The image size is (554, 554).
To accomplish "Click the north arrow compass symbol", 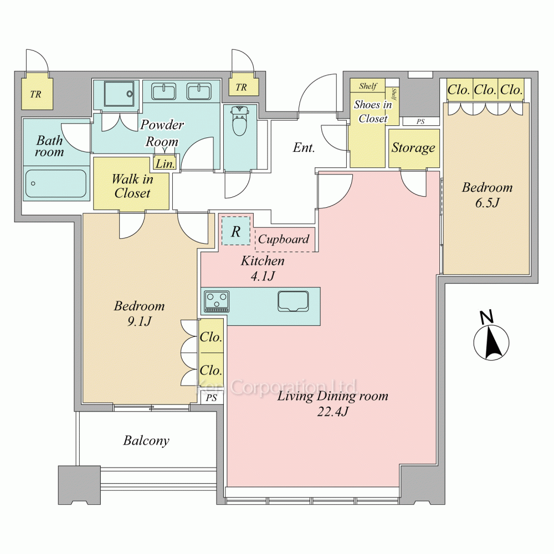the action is pyautogui.click(x=491, y=338).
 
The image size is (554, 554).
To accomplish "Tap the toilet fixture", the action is pyautogui.click(x=239, y=120).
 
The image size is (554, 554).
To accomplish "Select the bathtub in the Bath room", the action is pyautogui.click(x=56, y=184).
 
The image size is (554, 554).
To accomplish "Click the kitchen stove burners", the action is pyautogui.click(x=217, y=301).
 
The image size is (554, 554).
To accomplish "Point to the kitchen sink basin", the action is pyautogui.click(x=293, y=301).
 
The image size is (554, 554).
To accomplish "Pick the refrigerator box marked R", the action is pyautogui.click(x=235, y=231).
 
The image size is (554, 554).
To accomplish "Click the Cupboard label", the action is pyautogui.click(x=283, y=239).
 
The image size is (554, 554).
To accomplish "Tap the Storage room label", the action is pyautogui.click(x=413, y=148).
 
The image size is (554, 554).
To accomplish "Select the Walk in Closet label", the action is pyautogui.click(x=132, y=186).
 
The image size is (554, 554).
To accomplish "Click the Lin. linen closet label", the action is pyautogui.click(x=165, y=163).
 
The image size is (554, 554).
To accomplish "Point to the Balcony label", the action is pyautogui.click(x=146, y=440).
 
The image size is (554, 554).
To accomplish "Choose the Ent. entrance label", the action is pyautogui.click(x=304, y=147).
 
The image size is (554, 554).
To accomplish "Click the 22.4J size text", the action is pyautogui.click(x=332, y=412).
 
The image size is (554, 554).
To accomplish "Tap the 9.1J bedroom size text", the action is pyautogui.click(x=139, y=321).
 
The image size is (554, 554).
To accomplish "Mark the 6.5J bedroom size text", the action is pyautogui.click(x=487, y=203).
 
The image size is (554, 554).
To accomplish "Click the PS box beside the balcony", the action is pyautogui.click(x=211, y=398).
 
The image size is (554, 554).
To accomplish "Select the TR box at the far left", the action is pyautogui.click(x=35, y=94).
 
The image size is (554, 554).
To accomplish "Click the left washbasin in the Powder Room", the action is pyautogui.click(x=164, y=91).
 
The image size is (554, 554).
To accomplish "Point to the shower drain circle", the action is pyautogui.click(x=130, y=94).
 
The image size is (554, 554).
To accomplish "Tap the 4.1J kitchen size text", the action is pyautogui.click(x=263, y=276).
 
